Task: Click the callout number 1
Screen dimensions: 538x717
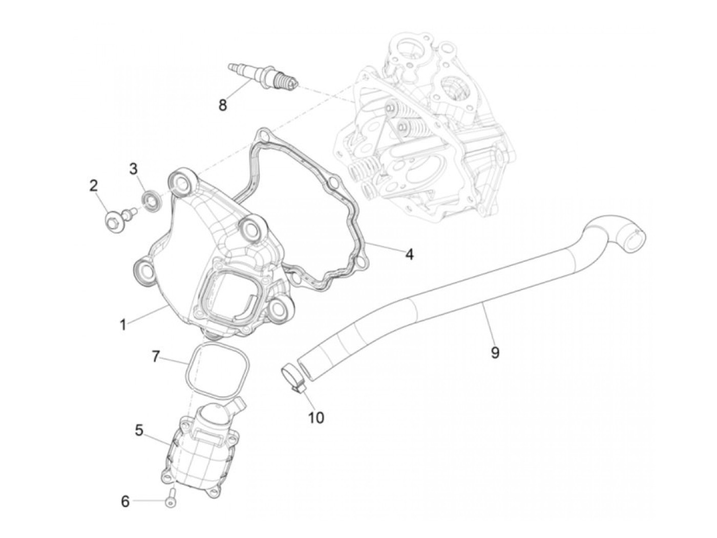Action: pyautogui.click(x=122, y=324)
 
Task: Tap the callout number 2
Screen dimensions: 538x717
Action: pyautogui.click(x=93, y=185)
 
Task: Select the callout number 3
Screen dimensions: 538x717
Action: pyautogui.click(x=133, y=168)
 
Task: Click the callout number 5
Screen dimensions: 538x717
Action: pyautogui.click(x=139, y=430)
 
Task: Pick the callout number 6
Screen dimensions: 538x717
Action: pyautogui.click(x=125, y=502)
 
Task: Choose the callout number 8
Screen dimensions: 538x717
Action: pyautogui.click(x=222, y=106)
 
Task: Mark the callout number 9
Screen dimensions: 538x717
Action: pyautogui.click(x=495, y=352)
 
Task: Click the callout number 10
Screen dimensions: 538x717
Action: pyautogui.click(x=316, y=417)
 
